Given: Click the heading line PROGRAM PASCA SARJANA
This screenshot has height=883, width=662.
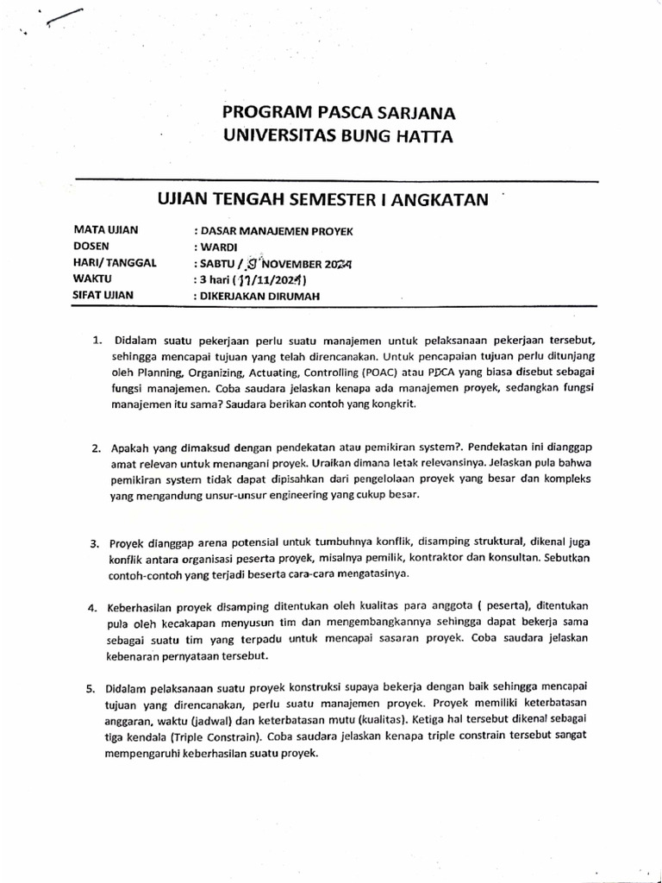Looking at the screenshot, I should coord(340,113).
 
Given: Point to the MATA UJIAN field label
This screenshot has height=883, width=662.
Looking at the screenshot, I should coord(106,230).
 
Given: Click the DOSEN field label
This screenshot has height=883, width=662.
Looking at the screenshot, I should coord(93,247).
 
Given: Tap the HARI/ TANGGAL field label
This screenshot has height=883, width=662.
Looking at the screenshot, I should coord(116,263).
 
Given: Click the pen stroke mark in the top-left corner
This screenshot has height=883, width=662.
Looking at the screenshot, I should coord(66,16).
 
